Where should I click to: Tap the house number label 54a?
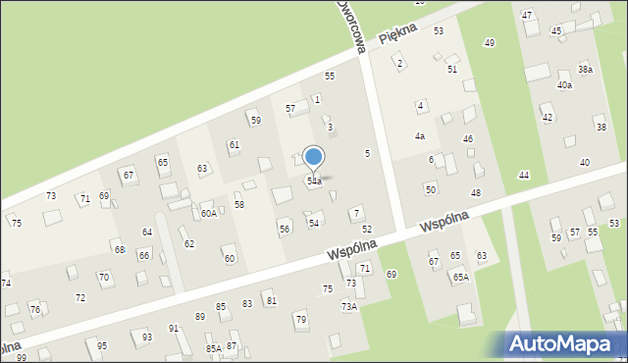point(314,181)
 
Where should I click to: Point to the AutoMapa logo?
point(564,342)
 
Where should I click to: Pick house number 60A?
point(209,213)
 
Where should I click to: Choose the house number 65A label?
point(460,278)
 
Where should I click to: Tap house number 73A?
point(349,307)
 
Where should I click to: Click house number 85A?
point(213,348)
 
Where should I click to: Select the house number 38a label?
point(585,70)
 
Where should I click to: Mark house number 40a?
point(564,85)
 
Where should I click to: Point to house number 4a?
point(419,136)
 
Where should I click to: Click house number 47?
point(527,16)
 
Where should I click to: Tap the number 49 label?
point(490,43)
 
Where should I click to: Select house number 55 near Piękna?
point(330,76)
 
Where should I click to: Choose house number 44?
point(524,175)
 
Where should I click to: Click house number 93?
point(147,337)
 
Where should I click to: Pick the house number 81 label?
point(271,300)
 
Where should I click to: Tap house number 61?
point(234,145)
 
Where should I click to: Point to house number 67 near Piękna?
point(128,175)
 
